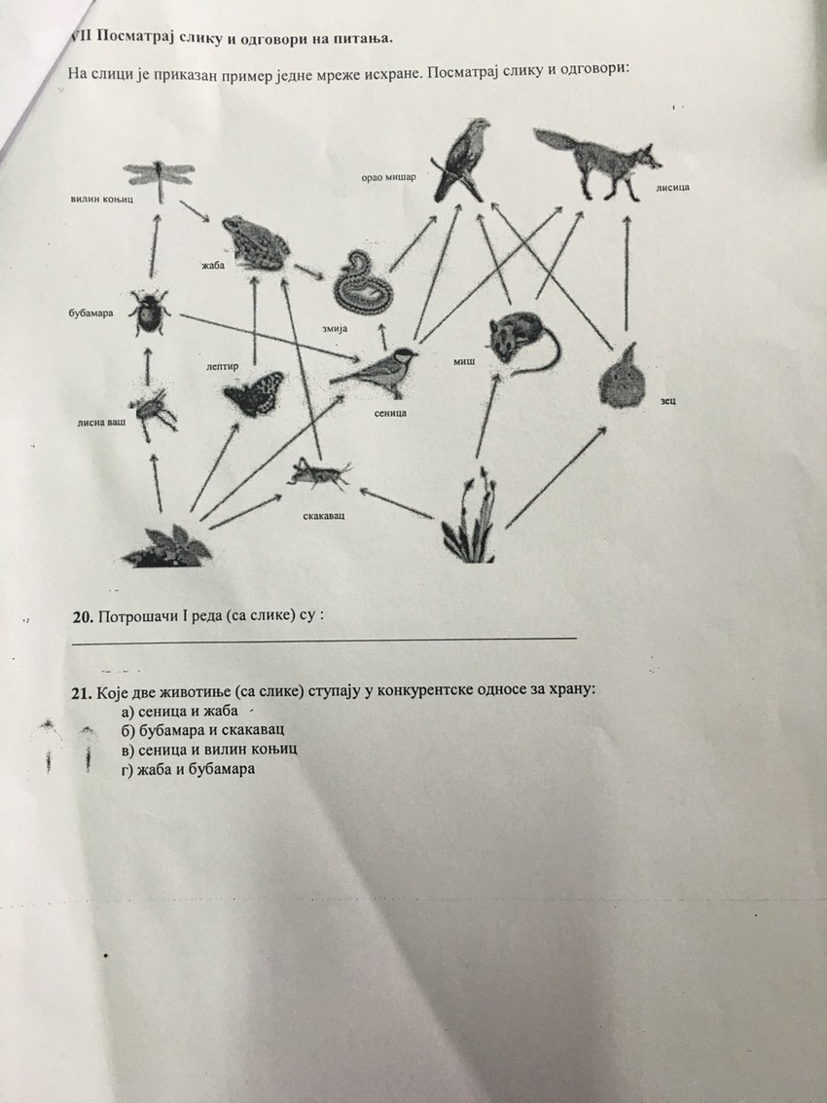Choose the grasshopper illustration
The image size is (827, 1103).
pyautogui.click(x=318, y=474)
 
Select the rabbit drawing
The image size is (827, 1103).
pyautogui.click(x=621, y=379)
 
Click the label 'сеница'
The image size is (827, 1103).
pyautogui.click(x=388, y=413)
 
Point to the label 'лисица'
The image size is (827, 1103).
pyautogui.click(x=672, y=187)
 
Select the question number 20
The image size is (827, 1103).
pyautogui.click(x=83, y=617)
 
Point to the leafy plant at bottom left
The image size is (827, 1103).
pyautogui.click(x=167, y=545)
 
